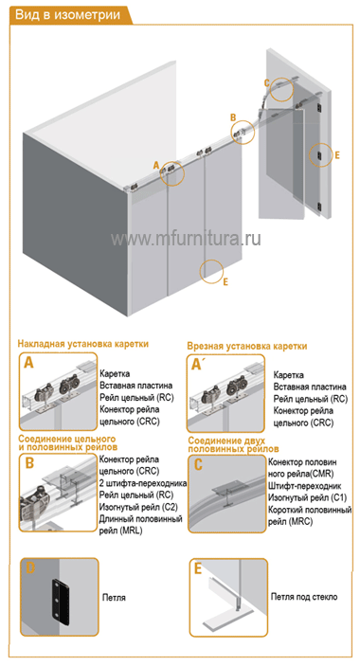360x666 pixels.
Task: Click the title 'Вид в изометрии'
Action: (x=67, y=15)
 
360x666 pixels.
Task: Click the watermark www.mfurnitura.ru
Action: (x=186, y=239)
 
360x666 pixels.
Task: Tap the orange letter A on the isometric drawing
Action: (x=155, y=165)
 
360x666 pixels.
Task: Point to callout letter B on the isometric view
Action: (x=233, y=117)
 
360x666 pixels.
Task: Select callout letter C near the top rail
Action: (x=266, y=82)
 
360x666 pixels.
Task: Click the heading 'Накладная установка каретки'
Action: (x=83, y=344)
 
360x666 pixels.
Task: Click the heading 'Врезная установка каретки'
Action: (x=247, y=346)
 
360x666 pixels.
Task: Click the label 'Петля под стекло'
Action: (x=304, y=597)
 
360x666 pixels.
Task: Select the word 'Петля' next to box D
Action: (x=114, y=598)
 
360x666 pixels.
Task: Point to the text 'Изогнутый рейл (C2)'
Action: (x=138, y=507)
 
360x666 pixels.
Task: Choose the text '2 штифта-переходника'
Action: (x=143, y=483)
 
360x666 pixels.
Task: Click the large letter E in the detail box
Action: (x=198, y=568)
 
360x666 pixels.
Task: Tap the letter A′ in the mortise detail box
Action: (x=196, y=364)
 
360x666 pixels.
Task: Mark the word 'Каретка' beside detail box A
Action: (x=115, y=374)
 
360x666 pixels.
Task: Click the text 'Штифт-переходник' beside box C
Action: (x=305, y=485)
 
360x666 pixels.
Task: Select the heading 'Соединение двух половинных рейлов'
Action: (x=233, y=444)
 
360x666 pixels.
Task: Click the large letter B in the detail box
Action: (x=29, y=462)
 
